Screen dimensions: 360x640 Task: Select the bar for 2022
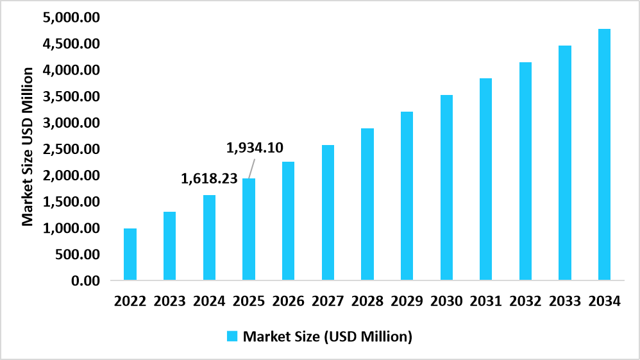coord(130,255)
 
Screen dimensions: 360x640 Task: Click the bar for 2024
coord(209,238)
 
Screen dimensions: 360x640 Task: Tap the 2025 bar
coord(249,230)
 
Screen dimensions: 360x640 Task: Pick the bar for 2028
coord(367,205)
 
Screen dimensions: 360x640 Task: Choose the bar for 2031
coord(486,180)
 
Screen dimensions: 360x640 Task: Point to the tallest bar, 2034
coord(605,155)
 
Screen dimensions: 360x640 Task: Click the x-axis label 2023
coord(170,301)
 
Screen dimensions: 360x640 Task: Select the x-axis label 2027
coord(328,301)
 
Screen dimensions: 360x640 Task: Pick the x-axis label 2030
coord(447,301)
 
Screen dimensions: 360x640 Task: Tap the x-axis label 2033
coord(566,301)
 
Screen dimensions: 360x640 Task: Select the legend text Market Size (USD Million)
coord(327,336)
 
